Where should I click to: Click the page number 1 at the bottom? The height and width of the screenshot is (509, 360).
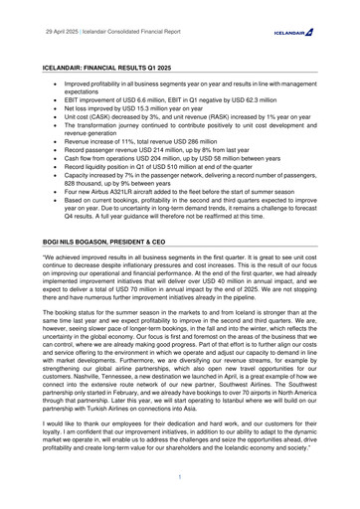180,477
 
